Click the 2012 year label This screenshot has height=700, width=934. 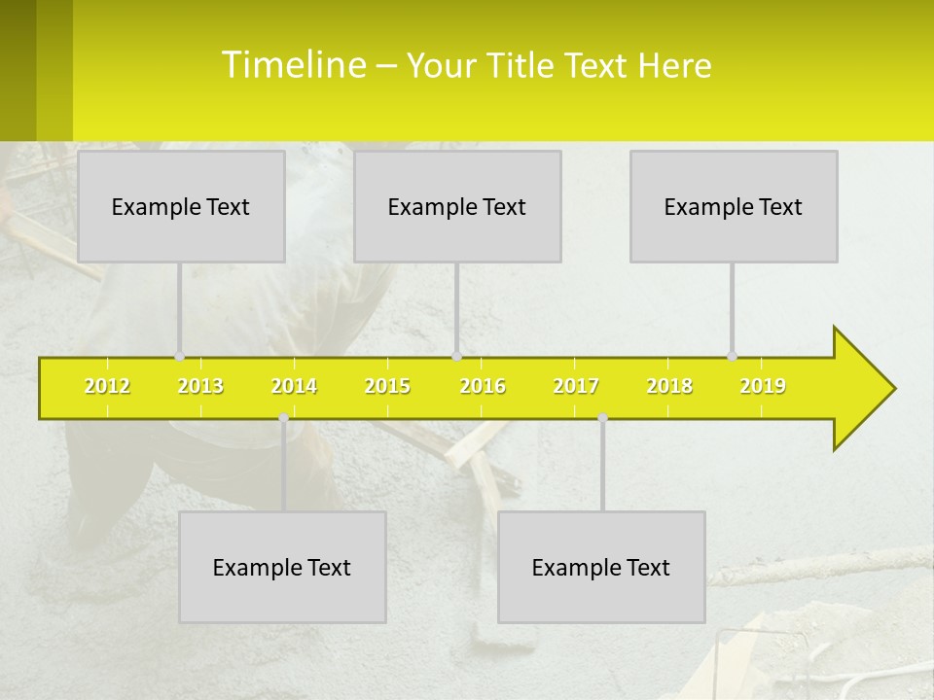point(107,386)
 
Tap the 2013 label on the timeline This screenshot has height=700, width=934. point(200,386)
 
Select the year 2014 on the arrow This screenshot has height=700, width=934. point(294,386)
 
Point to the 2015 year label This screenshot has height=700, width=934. point(387,386)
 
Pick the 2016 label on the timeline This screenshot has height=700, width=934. point(483,386)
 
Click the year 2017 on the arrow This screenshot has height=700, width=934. point(576,386)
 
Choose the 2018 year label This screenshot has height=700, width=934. point(669,386)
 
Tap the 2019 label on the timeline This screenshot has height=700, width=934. point(763,386)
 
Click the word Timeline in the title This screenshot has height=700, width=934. point(292,65)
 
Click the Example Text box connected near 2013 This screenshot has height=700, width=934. point(181,206)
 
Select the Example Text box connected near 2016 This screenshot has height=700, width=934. point(457,206)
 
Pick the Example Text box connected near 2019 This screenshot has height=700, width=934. point(734,206)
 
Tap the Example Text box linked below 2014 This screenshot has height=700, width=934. point(282,567)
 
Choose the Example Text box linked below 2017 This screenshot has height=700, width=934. point(601,567)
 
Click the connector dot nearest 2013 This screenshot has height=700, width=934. point(179,356)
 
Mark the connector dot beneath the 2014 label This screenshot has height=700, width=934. point(283,418)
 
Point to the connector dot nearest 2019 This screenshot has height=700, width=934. point(732,356)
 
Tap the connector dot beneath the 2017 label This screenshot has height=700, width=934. point(602,418)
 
